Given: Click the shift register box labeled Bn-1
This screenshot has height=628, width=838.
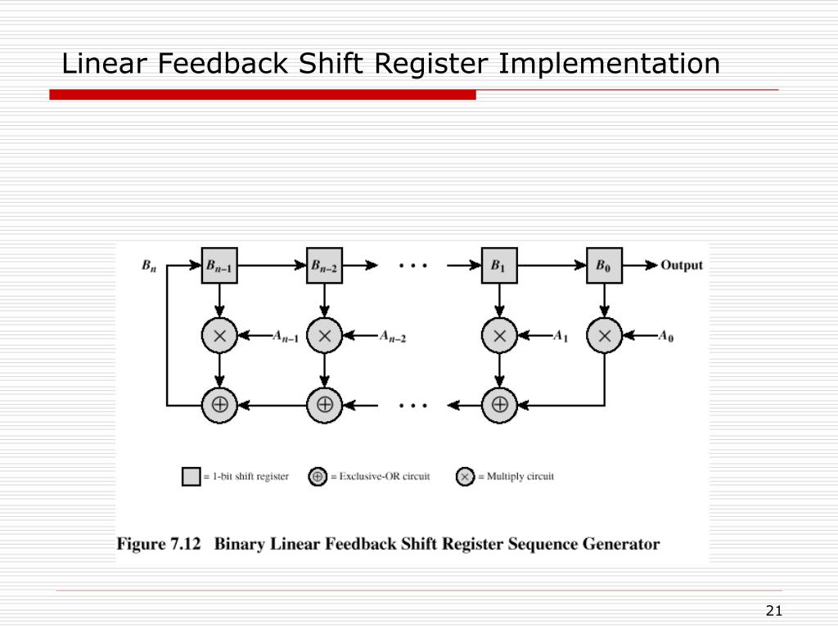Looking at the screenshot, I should (x=219, y=265).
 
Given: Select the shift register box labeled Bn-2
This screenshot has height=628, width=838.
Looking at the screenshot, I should (x=324, y=265).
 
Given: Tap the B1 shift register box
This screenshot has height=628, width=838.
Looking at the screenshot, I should (x=499, y=265).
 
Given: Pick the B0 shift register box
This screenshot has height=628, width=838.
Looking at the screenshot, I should (x=604, y=265).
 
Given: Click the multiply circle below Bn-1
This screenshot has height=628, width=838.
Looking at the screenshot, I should (x=219, y=335).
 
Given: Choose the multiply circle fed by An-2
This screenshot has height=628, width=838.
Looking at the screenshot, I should (x=324, y=335).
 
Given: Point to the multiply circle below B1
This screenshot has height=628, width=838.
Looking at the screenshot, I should (x=499, y=335).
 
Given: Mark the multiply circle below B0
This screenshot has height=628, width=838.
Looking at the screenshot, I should (x=604, y=335).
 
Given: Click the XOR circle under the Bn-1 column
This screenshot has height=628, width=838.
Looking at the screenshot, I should (x=219, y=404).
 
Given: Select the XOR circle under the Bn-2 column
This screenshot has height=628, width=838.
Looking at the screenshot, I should (x=324, y=404).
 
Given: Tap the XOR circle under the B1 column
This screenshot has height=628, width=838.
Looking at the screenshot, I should (x=499, y=404).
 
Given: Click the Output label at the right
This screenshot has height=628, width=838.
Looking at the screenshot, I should (x=682, y=265).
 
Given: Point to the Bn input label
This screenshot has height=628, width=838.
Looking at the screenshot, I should (x=149, y=266).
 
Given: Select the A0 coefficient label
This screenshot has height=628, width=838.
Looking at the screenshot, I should (x=666, y=336).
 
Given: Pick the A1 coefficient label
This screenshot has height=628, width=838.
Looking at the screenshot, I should (x=561, y=336).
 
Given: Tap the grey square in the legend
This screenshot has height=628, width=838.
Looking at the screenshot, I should (x=191, y=476).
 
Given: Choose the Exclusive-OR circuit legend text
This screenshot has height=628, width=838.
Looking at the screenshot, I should (x=384, y=476).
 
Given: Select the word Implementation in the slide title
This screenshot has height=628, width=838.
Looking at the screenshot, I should (x=610, y=64).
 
